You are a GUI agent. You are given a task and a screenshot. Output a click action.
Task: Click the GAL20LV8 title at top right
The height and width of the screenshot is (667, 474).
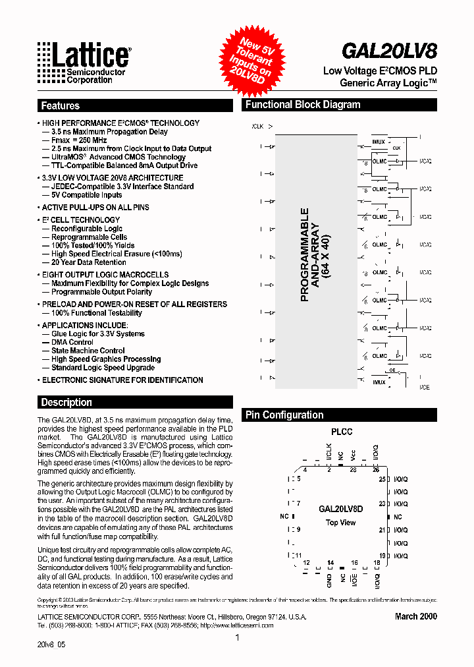(389, 51)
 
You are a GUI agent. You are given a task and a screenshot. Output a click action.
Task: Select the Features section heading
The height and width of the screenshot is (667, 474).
(60, 105)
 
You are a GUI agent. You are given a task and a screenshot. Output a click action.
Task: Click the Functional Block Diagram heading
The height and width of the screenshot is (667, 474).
(303, 105)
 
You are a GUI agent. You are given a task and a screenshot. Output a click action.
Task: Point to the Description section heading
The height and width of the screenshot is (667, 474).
(66, 402)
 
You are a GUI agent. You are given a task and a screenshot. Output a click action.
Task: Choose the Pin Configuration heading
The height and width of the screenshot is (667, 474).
(284, 415)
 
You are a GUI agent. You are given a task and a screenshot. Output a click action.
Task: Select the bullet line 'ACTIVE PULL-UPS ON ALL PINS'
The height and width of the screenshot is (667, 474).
(95, 208)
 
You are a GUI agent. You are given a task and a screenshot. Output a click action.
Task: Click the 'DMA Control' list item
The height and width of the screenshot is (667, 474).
(72, 342)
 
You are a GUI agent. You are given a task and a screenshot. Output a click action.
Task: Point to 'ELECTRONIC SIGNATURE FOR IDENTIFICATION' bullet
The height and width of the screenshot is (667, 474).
(122, 380)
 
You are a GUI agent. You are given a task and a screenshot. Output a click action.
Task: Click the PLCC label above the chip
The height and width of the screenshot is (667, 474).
(341, 432)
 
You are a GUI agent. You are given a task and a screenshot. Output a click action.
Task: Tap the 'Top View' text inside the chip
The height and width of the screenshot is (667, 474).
(341, 523)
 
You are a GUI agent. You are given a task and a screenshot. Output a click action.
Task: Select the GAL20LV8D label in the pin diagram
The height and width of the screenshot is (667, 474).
(341, 509)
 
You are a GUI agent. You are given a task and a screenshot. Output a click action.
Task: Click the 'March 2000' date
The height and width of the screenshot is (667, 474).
(415, 616)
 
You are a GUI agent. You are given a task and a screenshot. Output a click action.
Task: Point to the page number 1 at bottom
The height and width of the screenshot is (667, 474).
(237, 638)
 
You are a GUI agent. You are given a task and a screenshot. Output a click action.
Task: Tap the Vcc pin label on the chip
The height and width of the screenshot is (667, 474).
(354, 455)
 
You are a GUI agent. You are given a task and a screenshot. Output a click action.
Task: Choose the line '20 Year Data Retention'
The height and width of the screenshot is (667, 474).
(89, 262)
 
